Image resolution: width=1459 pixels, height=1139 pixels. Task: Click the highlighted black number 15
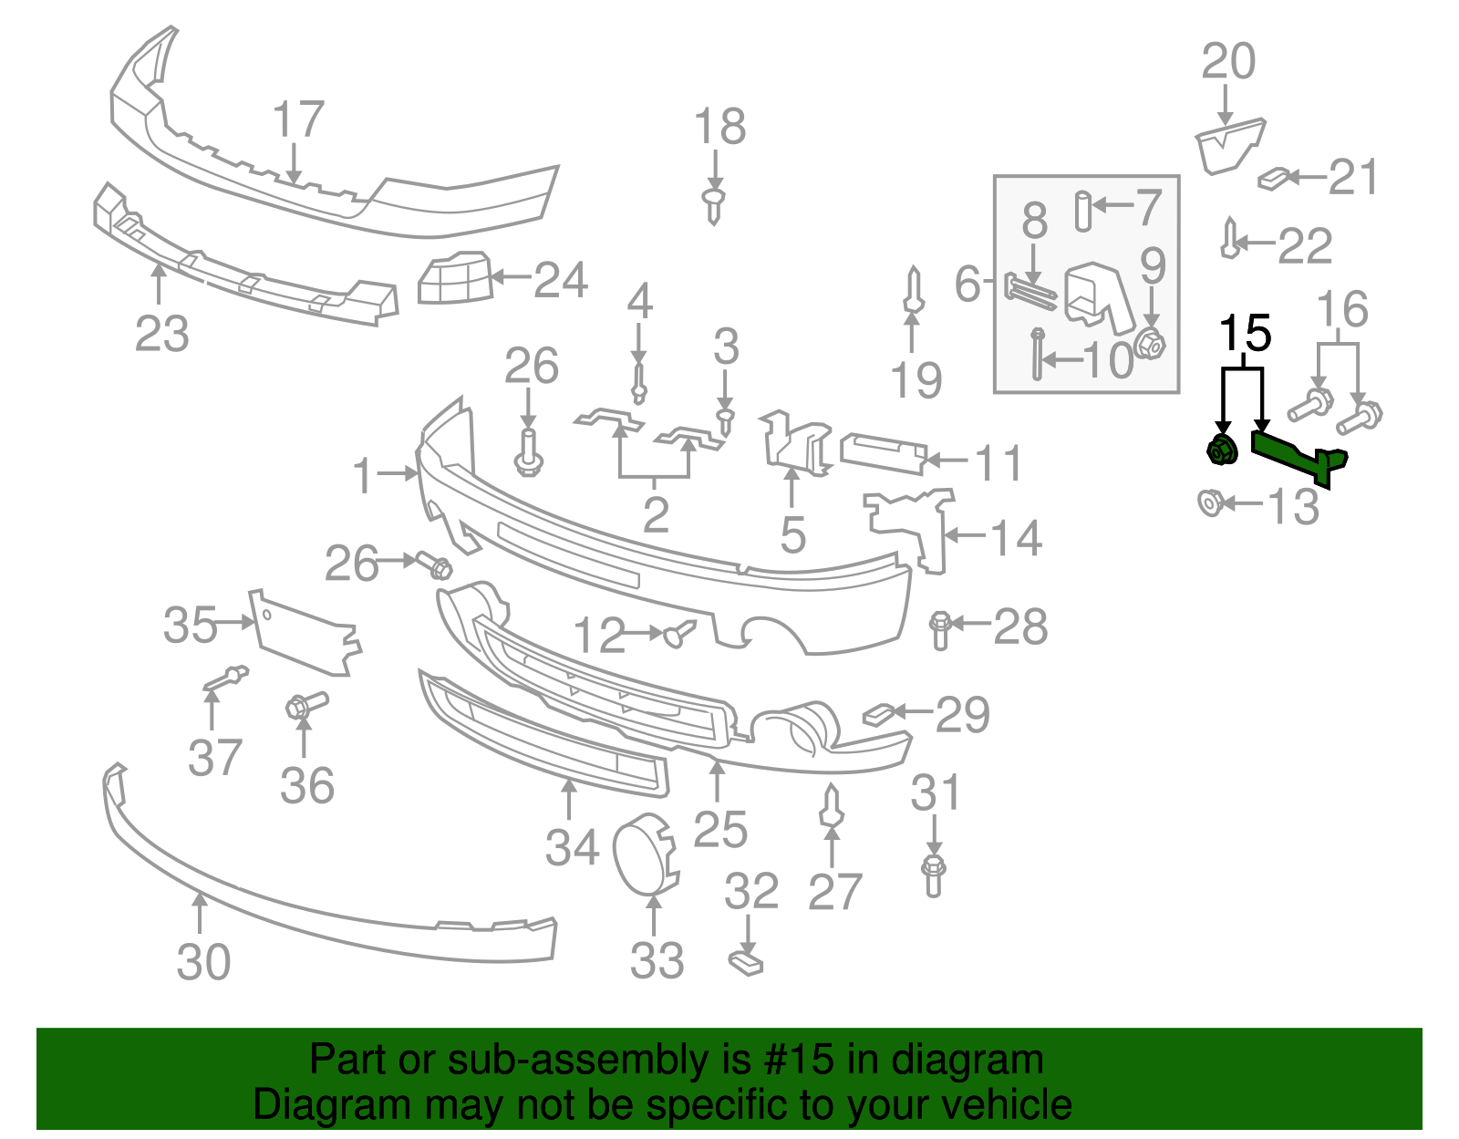pyautogui.click(x=1246, y=334)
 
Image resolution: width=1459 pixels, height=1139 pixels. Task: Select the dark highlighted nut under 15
pyautogui.click(x=1221, y=450)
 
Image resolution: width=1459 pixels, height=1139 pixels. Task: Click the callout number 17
pyautogui.click(x=298, y=120)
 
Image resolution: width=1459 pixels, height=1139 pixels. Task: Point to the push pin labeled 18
pyautogui.click(x=714, y=205)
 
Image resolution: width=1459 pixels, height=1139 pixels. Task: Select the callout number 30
pyautogui.click(x=203, y=962)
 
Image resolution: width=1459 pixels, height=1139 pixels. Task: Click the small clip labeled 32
pyautogui.click(x=746, y=962)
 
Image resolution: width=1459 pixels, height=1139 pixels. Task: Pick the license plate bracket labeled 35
pyautogui.click(x=305, y=634)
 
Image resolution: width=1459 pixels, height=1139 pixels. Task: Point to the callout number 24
pyautogui.click(x=560, y=280)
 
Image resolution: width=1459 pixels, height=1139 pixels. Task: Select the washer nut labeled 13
pyautogui.click(x=1209, y=502)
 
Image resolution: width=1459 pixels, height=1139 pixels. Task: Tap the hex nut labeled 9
pyautogui.click(x=1151, y=346)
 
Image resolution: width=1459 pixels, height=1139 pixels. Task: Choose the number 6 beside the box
pyautogui.click(x=967, y=284)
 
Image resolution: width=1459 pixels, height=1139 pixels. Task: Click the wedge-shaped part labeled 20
pyautogui.click(x=1228, y=146)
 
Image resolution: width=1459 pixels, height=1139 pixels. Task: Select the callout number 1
pyautogui.click(x=364, y=475)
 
